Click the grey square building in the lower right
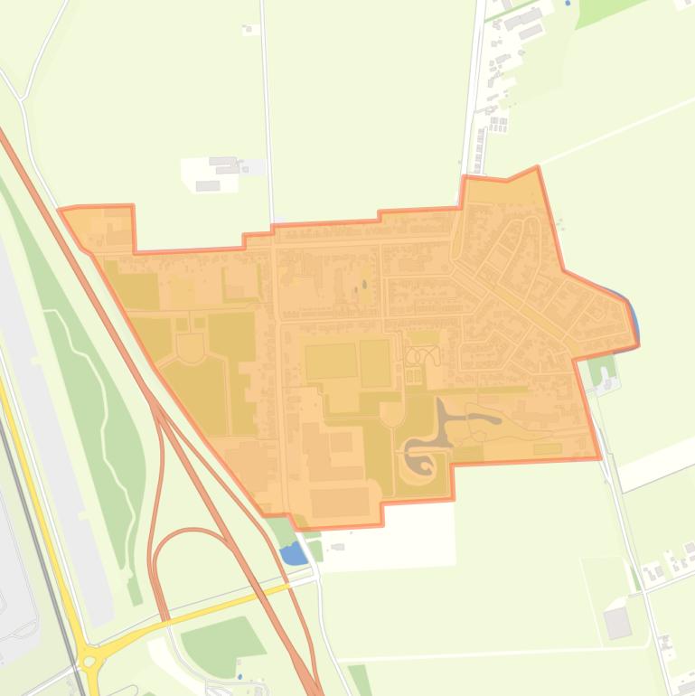click(x=618, y=623)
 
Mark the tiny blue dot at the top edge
click(x=568, y=4)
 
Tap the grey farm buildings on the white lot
click(x=221, y=167)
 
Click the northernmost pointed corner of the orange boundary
click(x=537, y=167)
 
